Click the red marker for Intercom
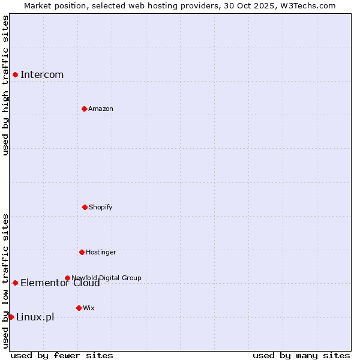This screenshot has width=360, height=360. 15,74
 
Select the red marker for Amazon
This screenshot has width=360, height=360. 84,109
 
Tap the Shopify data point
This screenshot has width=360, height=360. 85,207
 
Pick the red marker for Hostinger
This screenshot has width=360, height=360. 82,252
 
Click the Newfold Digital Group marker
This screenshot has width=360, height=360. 67,278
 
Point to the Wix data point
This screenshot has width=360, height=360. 79,308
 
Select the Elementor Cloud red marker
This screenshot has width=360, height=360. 15,283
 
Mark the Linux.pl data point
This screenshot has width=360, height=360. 11,317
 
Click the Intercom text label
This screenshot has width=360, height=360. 42,75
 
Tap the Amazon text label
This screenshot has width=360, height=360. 101,109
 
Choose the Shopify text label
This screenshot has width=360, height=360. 101,208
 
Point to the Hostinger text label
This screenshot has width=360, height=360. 101,253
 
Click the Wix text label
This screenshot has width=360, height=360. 89,308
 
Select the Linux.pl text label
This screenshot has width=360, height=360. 35,317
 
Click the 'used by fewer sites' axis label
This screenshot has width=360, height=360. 62,356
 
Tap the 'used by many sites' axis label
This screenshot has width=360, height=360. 301,356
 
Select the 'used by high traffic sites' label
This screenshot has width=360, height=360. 6,85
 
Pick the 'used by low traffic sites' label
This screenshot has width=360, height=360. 6,281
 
